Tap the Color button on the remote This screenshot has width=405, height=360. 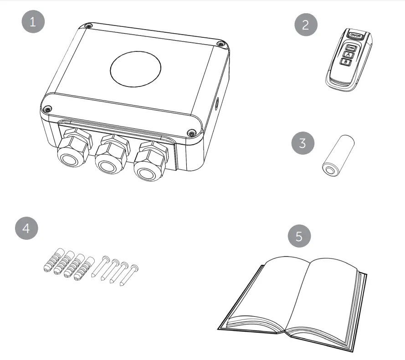(350, 47)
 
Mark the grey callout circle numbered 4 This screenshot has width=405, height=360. (26, 228)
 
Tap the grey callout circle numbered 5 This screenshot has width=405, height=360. (299, 236)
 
